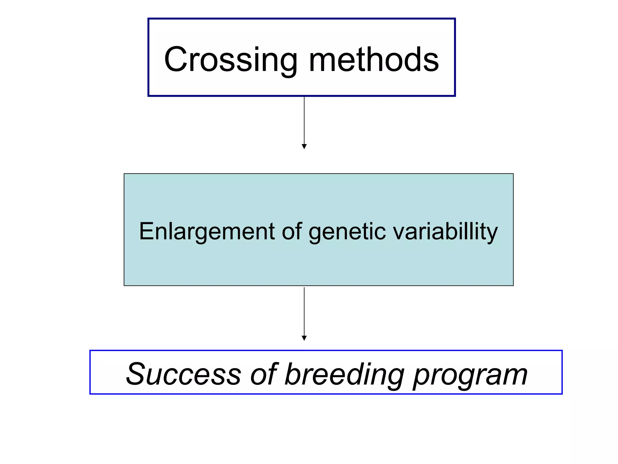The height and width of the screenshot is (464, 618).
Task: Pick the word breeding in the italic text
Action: coord(344,375)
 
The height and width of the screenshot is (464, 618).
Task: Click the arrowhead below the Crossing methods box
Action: coord(304,147)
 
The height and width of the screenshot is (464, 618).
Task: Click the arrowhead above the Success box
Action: coord(304,338)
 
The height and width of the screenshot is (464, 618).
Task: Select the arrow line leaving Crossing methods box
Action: coord(304,121)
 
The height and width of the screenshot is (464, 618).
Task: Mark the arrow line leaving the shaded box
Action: coord(304,311)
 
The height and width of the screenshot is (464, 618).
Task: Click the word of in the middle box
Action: coord(292,231)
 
